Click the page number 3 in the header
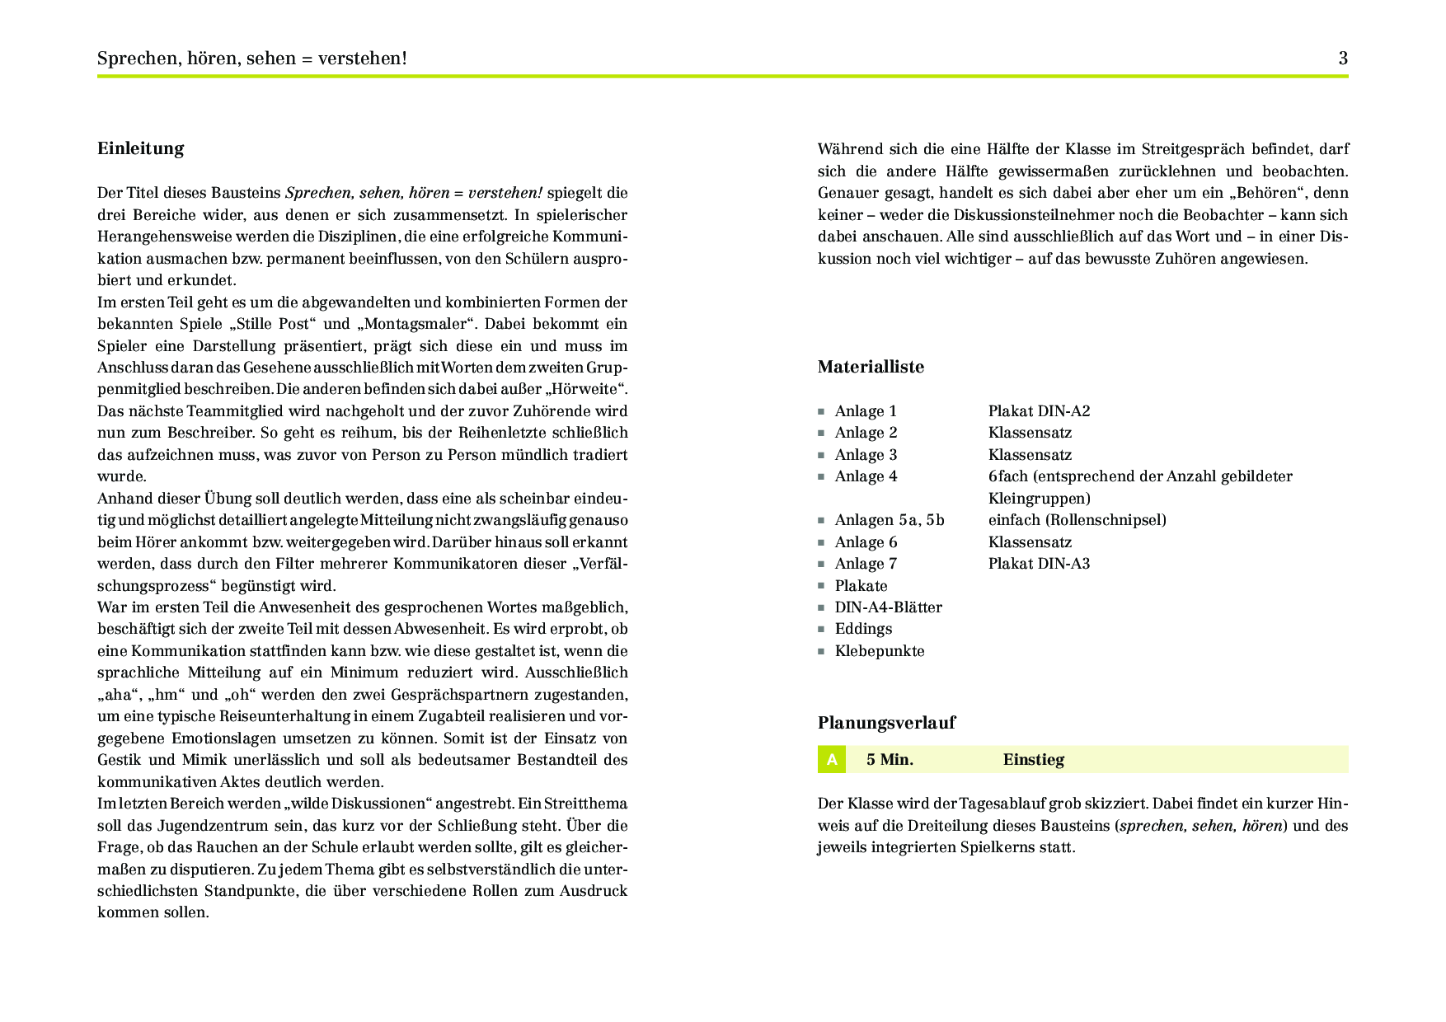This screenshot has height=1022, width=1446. [x=1343, y=59]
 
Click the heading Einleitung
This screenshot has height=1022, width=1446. [x=140, y=148]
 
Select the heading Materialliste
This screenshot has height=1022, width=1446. [x=871, y=367]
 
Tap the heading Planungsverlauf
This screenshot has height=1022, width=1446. [x=886, y=723]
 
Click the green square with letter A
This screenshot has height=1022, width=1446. [x=832, y=760]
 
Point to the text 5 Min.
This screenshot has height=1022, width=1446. [x=890, y=760]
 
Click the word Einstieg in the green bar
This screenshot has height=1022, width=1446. [x=1033, y=760]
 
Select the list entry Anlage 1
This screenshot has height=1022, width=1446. [x=866, y=411]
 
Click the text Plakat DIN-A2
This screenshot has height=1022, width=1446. [x=1039, y=411]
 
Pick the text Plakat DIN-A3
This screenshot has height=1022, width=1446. [x=1039, y=564]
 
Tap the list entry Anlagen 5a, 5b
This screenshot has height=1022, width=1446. [x=890, y=520]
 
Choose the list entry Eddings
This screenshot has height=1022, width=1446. [x=863, y=629]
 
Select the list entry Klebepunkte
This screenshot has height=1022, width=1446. [x=880, y=651]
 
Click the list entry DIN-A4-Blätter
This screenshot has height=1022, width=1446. [x=888, y=607]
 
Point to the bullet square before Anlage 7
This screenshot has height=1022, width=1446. [x=821, y=565]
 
